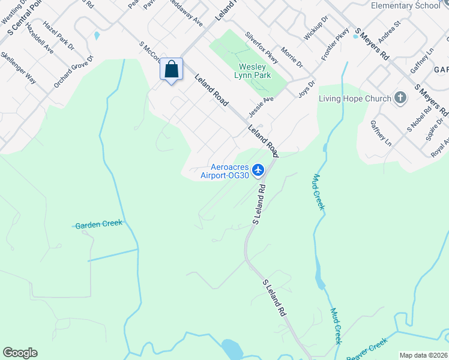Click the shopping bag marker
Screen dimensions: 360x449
tap(172, 70)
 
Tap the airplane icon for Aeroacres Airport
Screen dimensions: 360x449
tap(259, 170)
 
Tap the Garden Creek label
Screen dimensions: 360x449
tap(98, 224)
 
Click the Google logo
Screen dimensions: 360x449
tap(20, 353)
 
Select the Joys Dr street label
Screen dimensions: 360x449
tap(307, 89)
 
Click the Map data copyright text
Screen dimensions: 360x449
tap(423, 355)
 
